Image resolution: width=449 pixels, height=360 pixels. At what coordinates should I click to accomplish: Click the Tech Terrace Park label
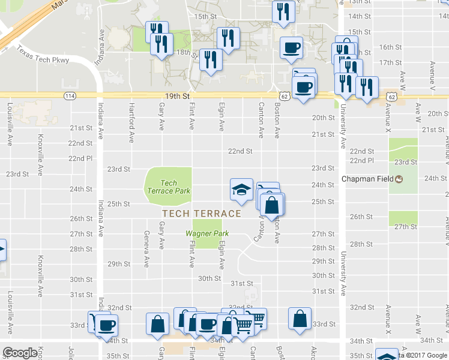(169, 187)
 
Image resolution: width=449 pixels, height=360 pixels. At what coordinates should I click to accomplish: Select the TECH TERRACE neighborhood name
(202, 214)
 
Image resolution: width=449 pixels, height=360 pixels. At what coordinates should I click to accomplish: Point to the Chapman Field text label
(367, 179)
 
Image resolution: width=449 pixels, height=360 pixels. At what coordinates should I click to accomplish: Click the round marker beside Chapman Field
(398, 179)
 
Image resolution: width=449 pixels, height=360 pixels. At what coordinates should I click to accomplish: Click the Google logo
(20, 353)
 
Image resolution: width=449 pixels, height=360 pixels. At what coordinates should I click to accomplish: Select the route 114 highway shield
(70, 96)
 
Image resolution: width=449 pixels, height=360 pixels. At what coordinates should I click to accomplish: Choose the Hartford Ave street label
(131, 117)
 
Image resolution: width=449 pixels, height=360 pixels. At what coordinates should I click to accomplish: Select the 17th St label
(390, 62)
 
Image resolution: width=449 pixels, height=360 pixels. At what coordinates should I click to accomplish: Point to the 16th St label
(390, 47)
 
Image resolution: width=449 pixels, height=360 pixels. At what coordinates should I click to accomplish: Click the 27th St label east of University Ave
(406, 227)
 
